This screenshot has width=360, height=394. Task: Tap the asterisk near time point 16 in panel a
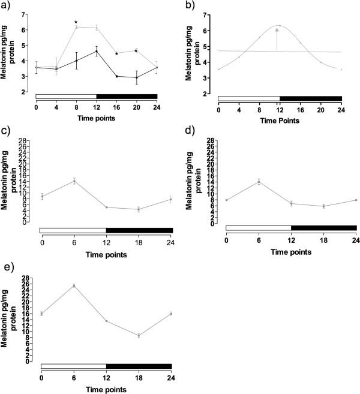click(x=116, y=54)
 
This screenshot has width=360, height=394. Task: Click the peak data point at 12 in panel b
click(x=280, y=26)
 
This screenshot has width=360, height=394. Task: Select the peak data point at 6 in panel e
click(x=74, y=285)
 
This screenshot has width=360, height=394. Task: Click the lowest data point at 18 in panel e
click(x=139, y=336)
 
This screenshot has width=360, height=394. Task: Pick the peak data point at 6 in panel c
click(x=74, y=181)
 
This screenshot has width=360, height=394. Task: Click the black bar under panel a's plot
click(x=127, y=96)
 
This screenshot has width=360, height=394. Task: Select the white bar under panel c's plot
click(x=73, y=230)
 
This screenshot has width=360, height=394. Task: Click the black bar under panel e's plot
click(x=139, y=366)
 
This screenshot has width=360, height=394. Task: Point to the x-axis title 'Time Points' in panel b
click(x=280, y=121)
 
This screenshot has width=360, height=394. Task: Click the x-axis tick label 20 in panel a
click(x=137, y=108)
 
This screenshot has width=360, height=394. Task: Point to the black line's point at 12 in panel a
click(x=97, y=51)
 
